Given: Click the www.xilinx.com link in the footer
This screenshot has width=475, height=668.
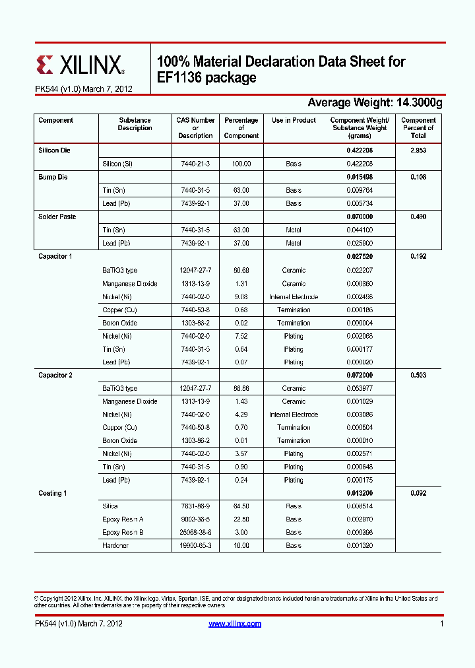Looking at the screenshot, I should click(235, 624).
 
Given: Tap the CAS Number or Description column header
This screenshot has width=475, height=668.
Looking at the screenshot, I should click(195, 128).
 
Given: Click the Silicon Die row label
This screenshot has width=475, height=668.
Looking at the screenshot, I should click(54, 150).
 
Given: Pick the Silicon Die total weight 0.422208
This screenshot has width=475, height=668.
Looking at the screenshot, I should click(360, 150).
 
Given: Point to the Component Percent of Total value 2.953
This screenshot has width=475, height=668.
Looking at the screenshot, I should click(418, 150).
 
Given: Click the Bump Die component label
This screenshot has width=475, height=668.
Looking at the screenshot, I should click(53, 177).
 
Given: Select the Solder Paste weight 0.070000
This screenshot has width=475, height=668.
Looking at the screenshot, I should click(360, 217).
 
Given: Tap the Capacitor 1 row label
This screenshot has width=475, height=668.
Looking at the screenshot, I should click(55, 256).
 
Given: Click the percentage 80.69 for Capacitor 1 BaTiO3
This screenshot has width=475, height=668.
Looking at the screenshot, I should click(241, 270).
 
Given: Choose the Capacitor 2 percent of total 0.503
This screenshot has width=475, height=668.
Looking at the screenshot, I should click(418, 375).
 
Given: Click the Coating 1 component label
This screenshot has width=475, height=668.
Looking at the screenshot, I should click(53, 493).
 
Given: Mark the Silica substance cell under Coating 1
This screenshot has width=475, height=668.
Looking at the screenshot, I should click(110, 506).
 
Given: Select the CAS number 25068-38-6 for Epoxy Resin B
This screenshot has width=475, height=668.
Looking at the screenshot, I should click(195, 532).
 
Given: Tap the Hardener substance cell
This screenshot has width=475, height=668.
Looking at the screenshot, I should click(115, 545).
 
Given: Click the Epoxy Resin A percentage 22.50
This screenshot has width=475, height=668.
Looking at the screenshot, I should click(241, 519).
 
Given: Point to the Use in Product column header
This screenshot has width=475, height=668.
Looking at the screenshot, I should click(294, 121).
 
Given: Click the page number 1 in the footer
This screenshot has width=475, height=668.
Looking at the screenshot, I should click(441, 624).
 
